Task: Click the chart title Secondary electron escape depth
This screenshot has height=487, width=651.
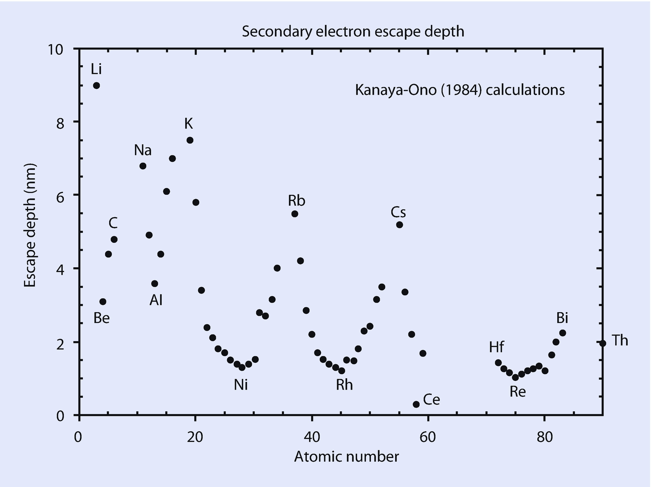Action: (x=353, y=31)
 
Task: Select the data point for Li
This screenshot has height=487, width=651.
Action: (x=96, y=86)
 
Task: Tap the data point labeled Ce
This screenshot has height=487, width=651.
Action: (x=416, y=404)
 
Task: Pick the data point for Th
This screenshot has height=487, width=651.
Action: (x=603, y=343)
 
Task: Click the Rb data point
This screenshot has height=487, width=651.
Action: (x=295, y=214)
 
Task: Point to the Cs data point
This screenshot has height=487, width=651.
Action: (x=399, y=225)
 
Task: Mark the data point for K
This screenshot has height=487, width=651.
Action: (x=190, y=140)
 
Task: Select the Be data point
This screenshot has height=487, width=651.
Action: (x=103, y=302)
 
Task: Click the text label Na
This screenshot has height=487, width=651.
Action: (x=143, y=150)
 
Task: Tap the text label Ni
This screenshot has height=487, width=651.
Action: (x=241, y=385)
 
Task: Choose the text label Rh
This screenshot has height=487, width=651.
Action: (x=344, y=385)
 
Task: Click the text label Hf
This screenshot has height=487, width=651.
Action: (x=496, y=347)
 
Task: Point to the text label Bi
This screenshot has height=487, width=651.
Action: (x=562, y=318)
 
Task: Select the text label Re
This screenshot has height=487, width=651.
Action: (x=517, y=392)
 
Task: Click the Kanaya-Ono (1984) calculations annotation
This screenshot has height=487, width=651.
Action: (x=460, y=90)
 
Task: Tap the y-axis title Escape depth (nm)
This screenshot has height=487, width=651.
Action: (x=29, y=225)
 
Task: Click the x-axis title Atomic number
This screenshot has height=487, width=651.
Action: (x=346, y=457)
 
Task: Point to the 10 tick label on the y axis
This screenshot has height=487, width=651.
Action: (x=56, y=48)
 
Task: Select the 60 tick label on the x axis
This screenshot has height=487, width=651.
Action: (x=427, y=437)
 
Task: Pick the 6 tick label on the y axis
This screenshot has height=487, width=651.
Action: (x=60, y=195)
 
